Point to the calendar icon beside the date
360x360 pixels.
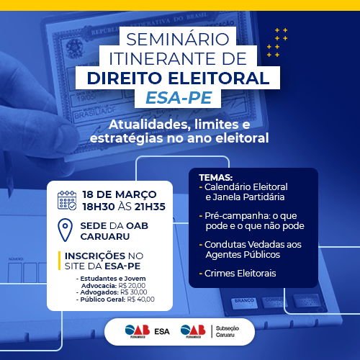[67, 199]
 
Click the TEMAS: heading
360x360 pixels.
[215, 176]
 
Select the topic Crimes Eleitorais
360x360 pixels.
[240, 274]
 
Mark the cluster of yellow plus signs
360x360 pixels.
[276, 42]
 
